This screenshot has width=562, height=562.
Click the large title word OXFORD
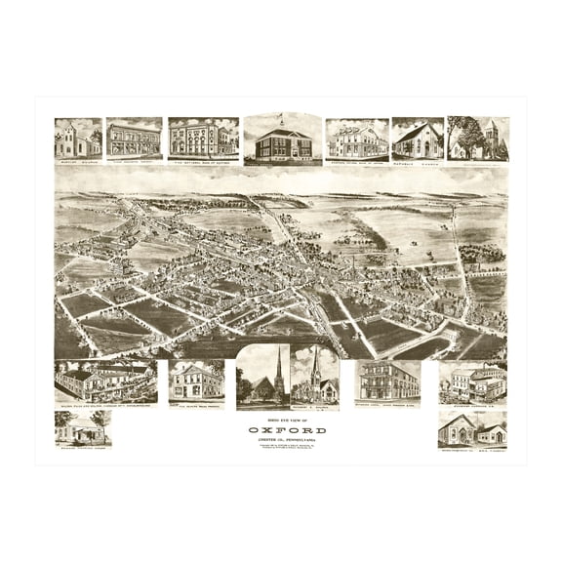[x=280, y=430]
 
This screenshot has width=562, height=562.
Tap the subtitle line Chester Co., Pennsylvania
[x=280, y=441]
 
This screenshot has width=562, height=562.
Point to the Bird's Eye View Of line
[x=280, y=420]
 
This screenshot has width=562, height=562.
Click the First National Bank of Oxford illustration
[x=203, y=139]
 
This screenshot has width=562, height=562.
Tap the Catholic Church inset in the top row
[x=417, y=139]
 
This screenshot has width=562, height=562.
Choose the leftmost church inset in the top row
[x=78, y=139]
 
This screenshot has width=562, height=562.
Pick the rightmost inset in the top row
[x=478, y=138]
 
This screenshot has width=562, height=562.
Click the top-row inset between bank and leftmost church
[x=135, y=139]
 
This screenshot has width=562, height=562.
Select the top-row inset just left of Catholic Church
[x=356, y=139]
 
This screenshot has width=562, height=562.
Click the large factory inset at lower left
[x=105, y=381]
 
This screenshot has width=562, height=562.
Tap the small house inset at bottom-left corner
[x=83, y=427]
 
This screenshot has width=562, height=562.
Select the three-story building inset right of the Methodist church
[x=388, y=380]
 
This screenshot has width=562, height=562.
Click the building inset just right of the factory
[x=196, y=381]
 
